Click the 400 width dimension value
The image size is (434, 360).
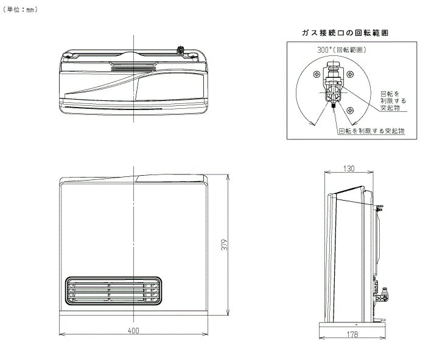pos(133,330)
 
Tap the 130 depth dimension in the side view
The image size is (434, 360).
pos(348,168)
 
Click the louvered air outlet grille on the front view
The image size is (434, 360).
pos(113,291)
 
